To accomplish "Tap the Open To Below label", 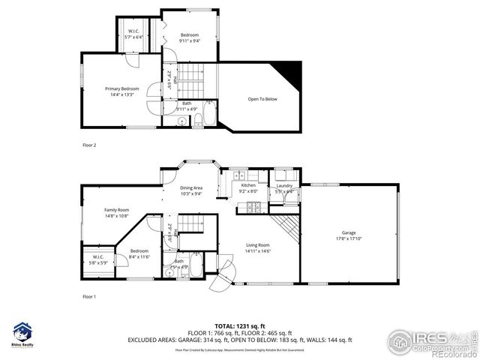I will pyautogui.click(x=262, y=99).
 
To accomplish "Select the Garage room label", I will pyautogui.click(x=349, y=233).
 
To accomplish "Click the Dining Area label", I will pyautogui.click(x=191, y=188).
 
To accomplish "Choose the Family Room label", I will pyautogui.click(x=116, y=210).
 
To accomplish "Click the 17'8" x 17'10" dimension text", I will pyautogui.click(x=349, y=239).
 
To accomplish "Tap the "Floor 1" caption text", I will pyautogui.click(x=89, y=297).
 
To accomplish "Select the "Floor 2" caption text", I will pyautogui.click(x=89, y=144).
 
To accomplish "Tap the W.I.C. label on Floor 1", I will pyautogui.click(x=98, y=256).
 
